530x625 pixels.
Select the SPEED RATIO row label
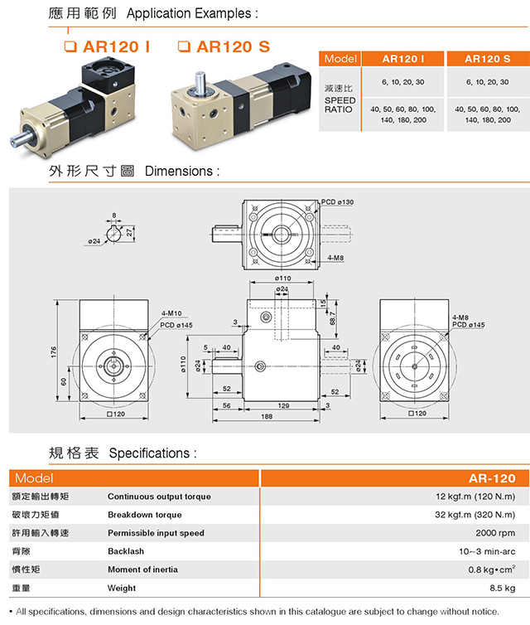tap(340, 104)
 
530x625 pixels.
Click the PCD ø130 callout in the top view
tap(338, 203)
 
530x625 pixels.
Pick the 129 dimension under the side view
tap(282, 405)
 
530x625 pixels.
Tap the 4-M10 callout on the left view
tap(171, 314)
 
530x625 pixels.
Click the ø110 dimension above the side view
tap(282, 278)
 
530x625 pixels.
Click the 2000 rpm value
tap(495, 533)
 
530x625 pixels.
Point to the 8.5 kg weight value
tap(502, 588)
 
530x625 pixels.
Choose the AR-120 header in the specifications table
tap(492, 478)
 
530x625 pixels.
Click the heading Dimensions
tap(182, 172)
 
